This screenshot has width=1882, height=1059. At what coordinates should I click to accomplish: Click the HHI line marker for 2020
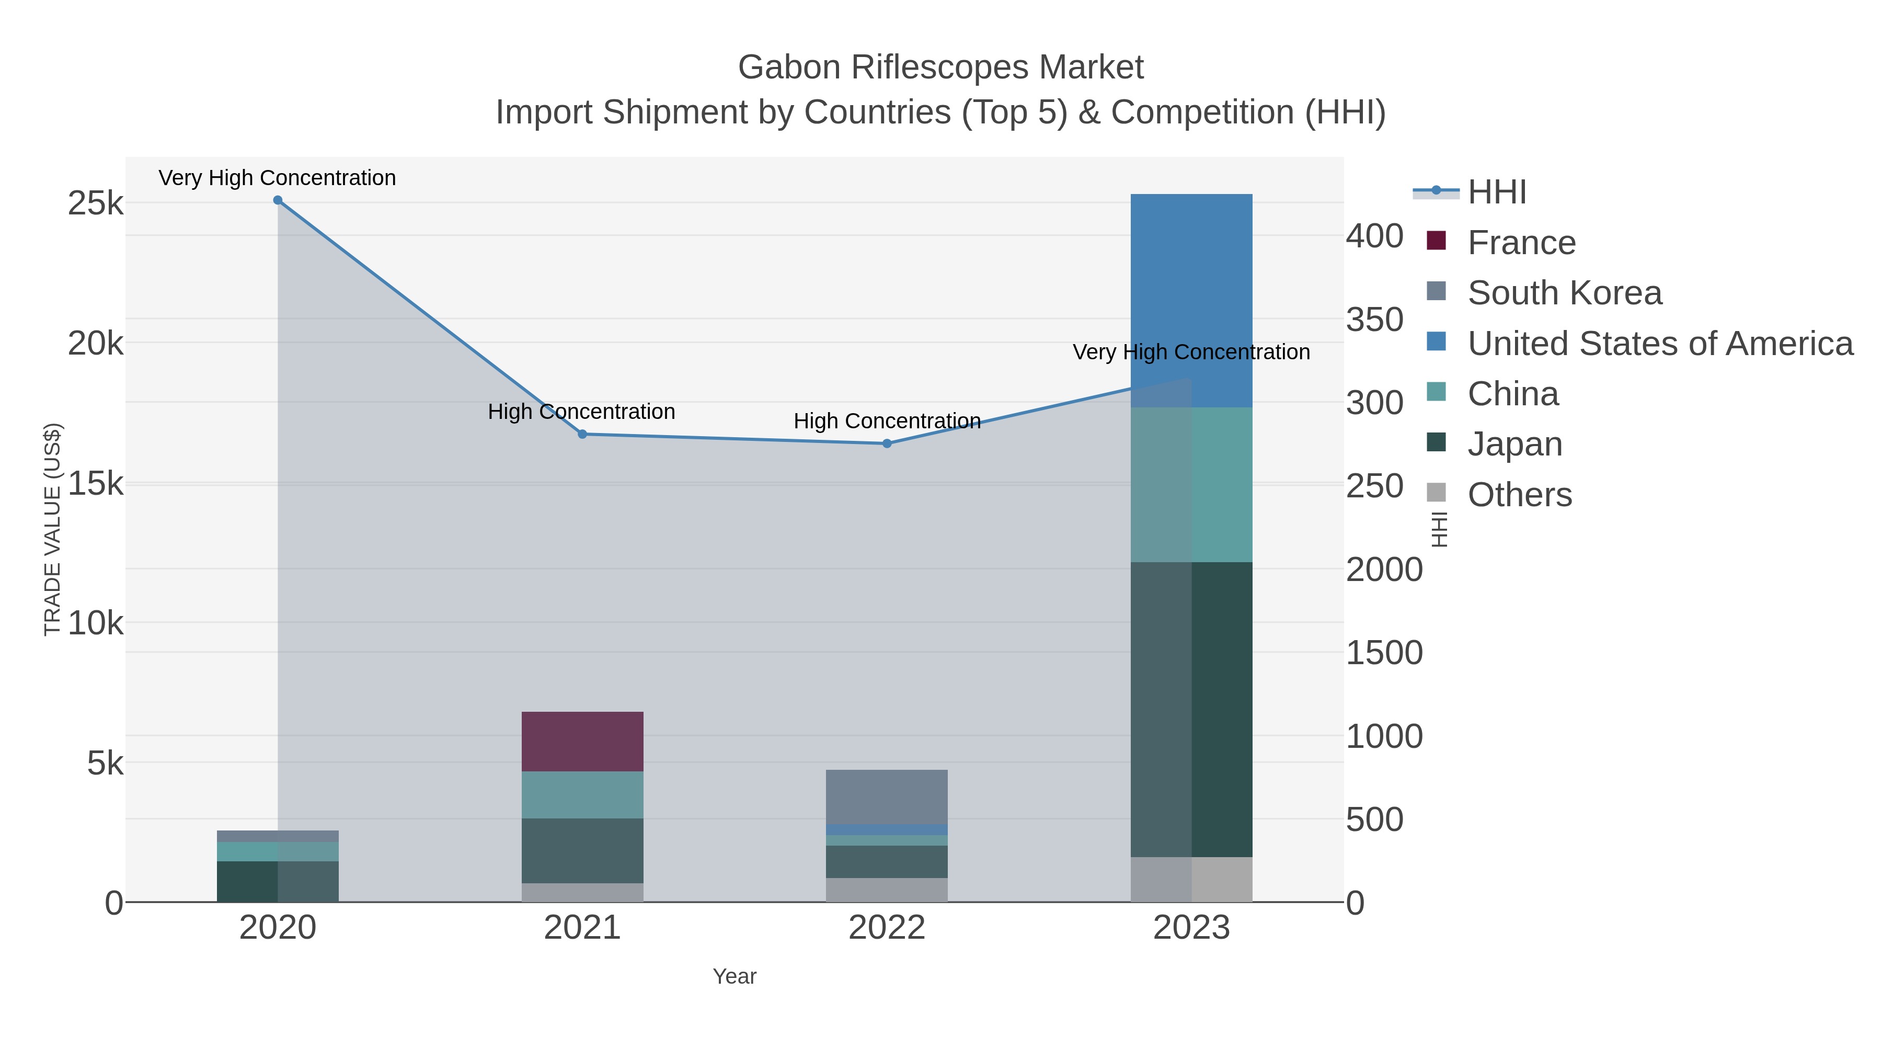[x=278, y=200]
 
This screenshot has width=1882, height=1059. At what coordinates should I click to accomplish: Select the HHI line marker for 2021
[x=582, y=434]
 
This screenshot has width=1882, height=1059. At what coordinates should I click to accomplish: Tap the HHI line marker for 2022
[x=887, y=443]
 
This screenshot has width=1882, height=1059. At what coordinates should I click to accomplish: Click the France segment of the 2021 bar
[x=582, y=741]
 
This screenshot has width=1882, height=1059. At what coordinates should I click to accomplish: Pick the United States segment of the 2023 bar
[x=1191, y=300]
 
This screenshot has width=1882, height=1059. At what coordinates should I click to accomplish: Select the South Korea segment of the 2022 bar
[x=887, y=796]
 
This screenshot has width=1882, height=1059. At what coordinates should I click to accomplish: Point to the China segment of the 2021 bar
[x=582, y=794]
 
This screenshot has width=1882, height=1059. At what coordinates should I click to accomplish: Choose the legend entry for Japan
[x=1514, y=445]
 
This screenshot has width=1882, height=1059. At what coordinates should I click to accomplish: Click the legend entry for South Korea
[x=1564, y=293]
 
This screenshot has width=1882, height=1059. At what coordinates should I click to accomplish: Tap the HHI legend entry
[x=1496, y=192]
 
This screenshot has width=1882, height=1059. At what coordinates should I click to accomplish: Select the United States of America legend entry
[x=1660, y=344]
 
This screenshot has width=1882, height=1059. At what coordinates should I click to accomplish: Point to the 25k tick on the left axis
[x=96, y=203]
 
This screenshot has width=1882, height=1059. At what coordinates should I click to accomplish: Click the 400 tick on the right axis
[x=1375, y=236]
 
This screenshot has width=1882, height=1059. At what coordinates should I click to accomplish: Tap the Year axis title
[x=735, y=976]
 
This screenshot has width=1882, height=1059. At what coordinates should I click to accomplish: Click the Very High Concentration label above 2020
[x=278, y=178]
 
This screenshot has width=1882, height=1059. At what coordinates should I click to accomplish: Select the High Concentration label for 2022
[x=887, y=421]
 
